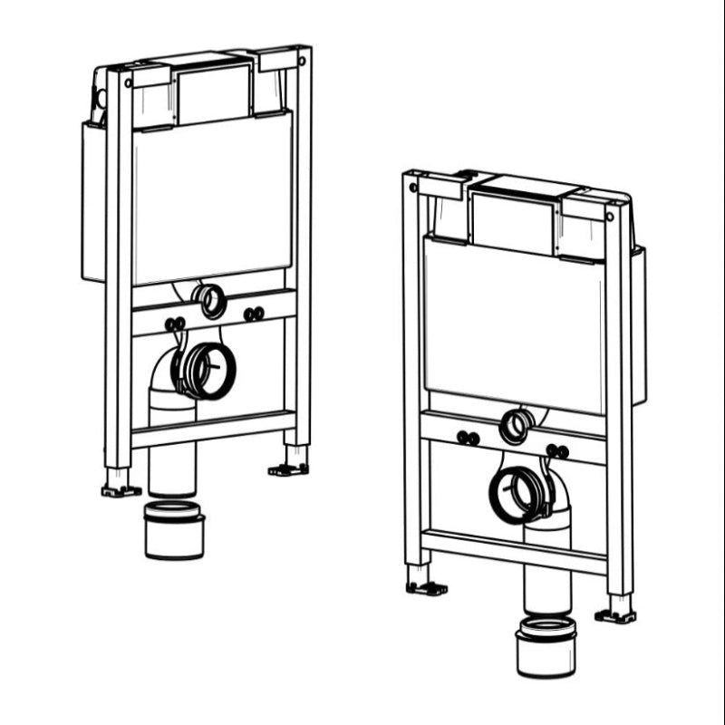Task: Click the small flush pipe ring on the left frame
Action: [211, 301]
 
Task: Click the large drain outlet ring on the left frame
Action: [208, 370]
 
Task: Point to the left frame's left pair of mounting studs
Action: [174, 324]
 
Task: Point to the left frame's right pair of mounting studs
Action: [254, 314]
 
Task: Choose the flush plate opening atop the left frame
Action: [214, 94]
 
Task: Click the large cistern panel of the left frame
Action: [213, 199]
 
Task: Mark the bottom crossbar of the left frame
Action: [213, 429]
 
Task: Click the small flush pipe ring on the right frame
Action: [517, 425]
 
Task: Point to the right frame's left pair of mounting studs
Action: [469, 438]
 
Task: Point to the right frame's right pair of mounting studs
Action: [556, 450]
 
